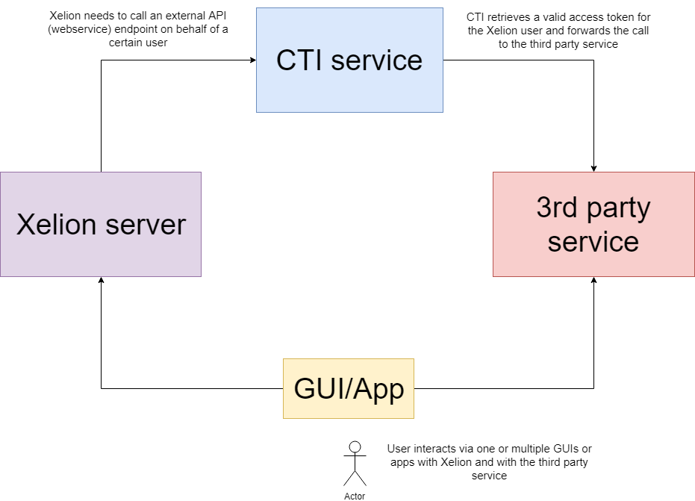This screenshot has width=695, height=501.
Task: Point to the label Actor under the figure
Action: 355,496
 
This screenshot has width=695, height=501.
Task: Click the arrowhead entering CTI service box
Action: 252,60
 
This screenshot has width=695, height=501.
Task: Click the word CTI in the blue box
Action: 300,60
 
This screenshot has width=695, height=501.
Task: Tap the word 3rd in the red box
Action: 557,208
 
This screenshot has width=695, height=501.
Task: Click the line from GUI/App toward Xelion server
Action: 187,388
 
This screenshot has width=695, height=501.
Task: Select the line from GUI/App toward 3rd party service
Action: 508,388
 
